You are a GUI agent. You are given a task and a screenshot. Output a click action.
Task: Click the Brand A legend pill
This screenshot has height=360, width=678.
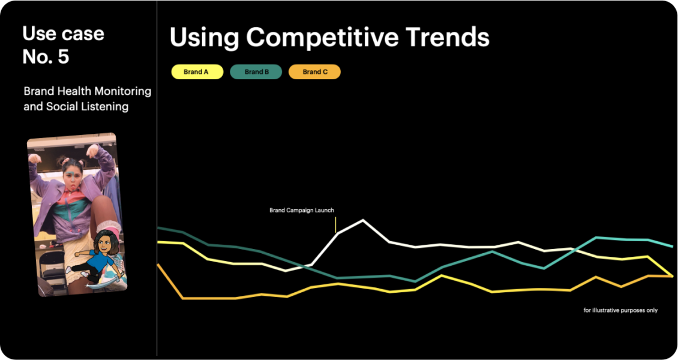197,72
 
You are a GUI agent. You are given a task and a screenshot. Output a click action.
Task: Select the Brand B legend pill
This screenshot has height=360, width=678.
256,72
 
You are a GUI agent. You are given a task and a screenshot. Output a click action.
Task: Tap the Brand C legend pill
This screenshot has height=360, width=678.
315,72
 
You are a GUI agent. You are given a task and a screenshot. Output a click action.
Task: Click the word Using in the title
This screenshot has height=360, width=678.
204,38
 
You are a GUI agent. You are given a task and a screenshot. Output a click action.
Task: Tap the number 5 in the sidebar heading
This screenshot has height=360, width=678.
64,56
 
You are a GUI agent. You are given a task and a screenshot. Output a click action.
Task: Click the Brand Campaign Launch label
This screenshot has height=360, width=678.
302,211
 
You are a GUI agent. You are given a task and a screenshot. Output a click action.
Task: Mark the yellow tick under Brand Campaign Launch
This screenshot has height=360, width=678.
335,225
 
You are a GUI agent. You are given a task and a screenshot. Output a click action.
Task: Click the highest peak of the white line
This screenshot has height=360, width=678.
362,220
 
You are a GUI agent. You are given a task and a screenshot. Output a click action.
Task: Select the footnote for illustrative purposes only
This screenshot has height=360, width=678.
620,310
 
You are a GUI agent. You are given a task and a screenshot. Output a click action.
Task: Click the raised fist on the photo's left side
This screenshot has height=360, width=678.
35,158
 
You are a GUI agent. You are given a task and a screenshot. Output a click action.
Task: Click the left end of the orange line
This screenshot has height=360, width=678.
157,264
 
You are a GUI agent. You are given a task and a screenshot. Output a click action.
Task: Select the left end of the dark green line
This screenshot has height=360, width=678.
157,227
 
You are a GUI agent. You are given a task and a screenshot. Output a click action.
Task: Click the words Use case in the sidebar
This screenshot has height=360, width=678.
63,34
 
